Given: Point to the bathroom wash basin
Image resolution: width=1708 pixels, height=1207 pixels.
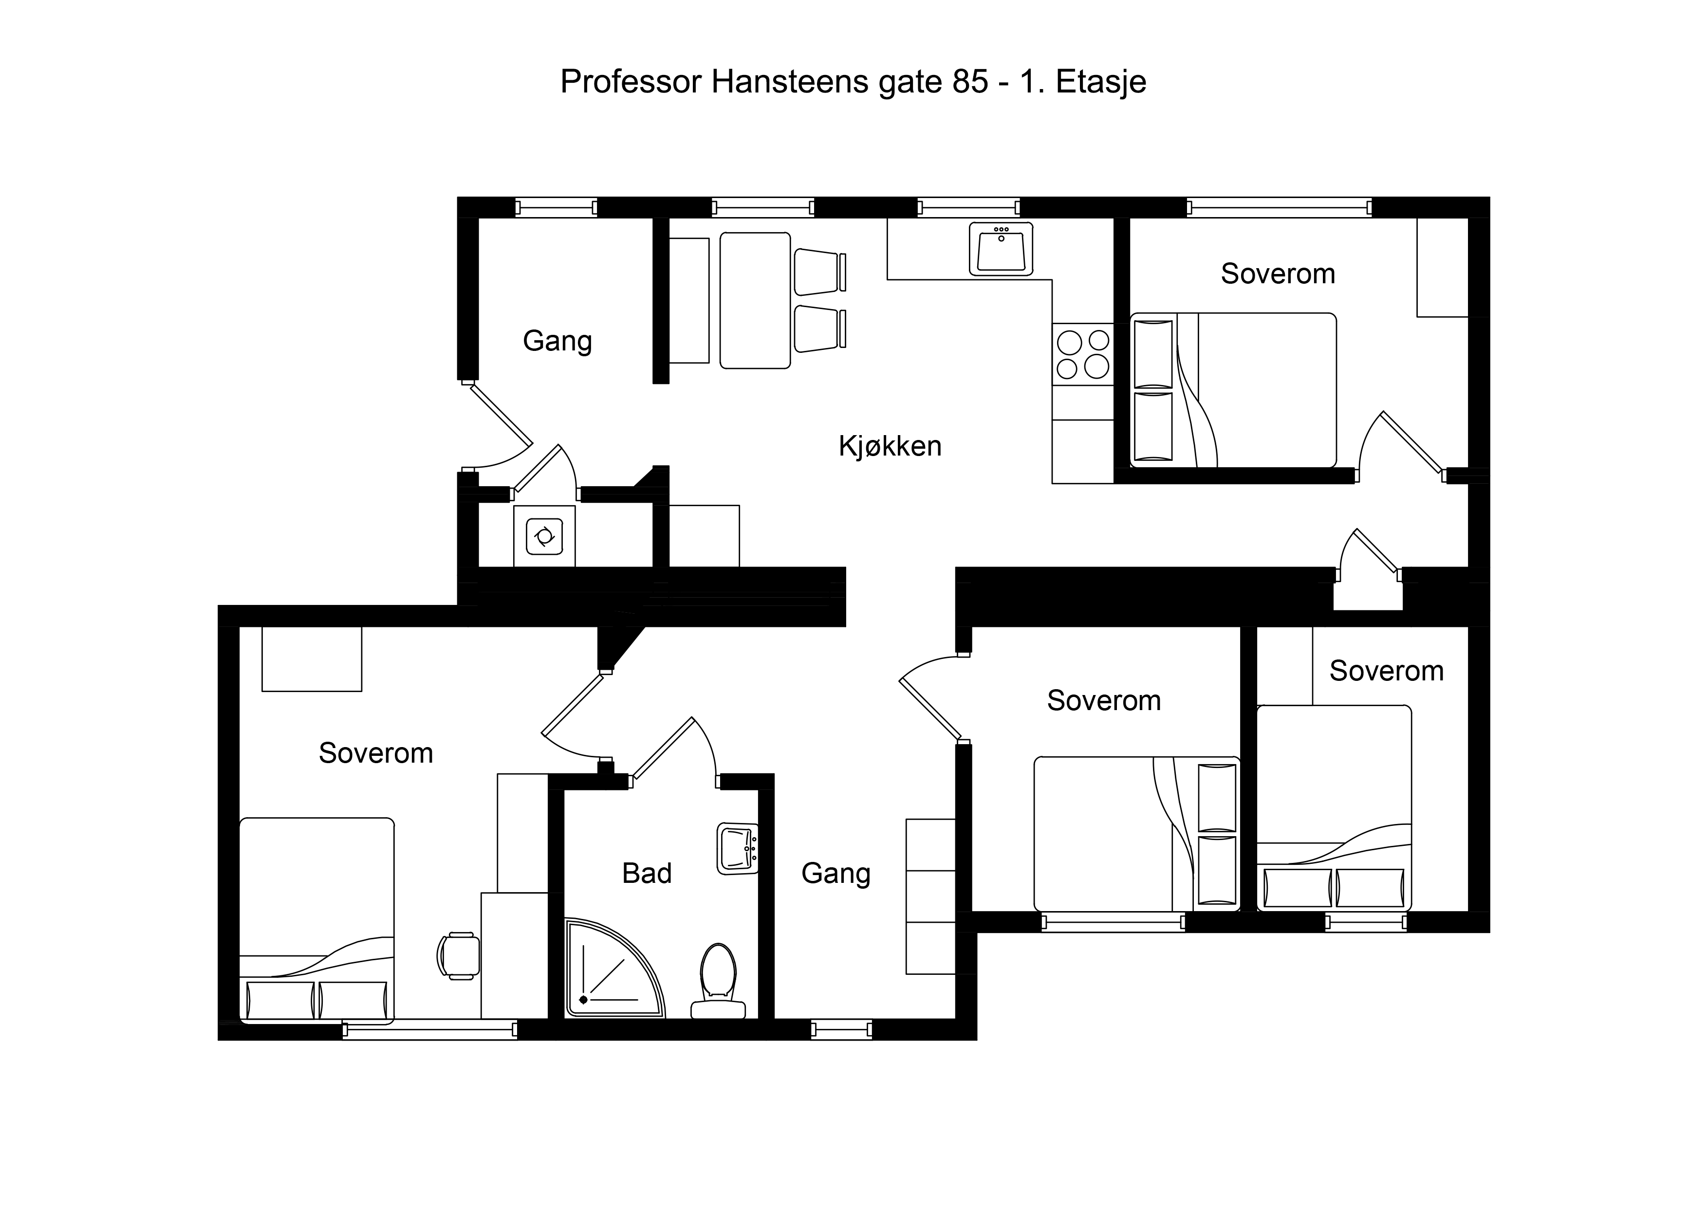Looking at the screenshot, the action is [x=737, y=848].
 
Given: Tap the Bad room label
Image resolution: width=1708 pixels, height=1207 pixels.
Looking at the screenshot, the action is [x=647, y=873].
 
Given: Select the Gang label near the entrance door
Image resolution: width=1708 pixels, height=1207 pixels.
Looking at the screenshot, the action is [x=557, y=341].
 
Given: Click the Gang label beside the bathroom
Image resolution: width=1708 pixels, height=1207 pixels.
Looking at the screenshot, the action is [x=835, y=874].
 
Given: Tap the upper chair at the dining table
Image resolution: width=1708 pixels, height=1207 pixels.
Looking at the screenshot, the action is [x=820, y=272].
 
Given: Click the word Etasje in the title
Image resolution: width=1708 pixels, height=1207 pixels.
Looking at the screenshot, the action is [x=1101, y=83].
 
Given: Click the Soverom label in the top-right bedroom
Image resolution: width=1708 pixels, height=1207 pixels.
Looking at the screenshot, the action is [x=1278, y=274].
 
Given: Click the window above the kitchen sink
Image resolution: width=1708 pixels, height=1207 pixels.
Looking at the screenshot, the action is [x=968, y=207].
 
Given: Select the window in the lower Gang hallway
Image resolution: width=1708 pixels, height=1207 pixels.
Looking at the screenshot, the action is [x=841, y=1029].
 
